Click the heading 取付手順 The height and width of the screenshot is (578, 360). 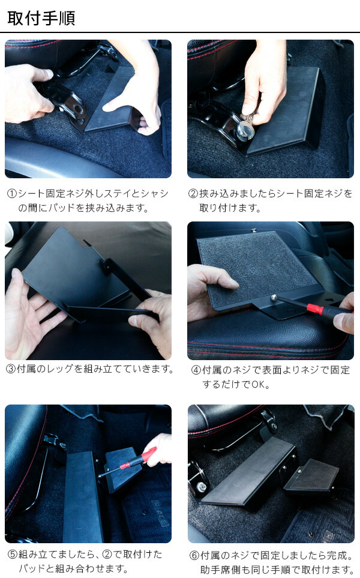(41, 17)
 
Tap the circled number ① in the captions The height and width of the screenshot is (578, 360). (12, 194)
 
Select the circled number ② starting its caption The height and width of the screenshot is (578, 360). (193, 194)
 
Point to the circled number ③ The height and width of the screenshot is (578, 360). (11, 369)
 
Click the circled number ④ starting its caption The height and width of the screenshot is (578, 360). (196, 370)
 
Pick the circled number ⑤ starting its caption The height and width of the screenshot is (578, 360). (12, 554)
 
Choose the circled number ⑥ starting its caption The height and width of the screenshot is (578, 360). (194, 554)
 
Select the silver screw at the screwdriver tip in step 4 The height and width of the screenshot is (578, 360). (274, 297)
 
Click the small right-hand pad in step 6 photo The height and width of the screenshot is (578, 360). (310, 475)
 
